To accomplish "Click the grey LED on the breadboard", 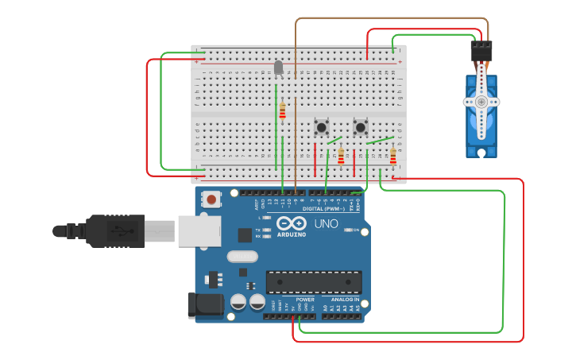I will pyautogui.click(x=278, y=68).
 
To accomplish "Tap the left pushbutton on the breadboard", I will pyautogui.click(x=321, y=126).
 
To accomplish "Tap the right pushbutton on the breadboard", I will pyautogui.click(x=361, y=126).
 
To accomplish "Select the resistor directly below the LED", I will pyautogui.click(x=282, y=110).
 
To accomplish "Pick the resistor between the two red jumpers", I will pyautogui.click(x=341, y=157).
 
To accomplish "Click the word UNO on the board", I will pyautogui.click(x=326, y=224).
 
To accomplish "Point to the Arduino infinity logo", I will pyautogui.click(x=292, y=223).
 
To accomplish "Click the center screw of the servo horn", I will pyautogui.click(x=481, y=102).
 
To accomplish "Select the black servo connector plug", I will pyautogui.click(x=481, y=52).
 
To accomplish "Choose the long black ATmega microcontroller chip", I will pyautogui.click(x=314, y=282).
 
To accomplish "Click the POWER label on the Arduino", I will pyautogui.click(x=305, y=300).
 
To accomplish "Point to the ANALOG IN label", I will pyautogui.click(x=345, y=300).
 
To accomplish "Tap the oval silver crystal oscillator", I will pyautogui.click(x=242, y=257).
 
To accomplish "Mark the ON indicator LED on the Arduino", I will pyautogui.click(x=347, y=230).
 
